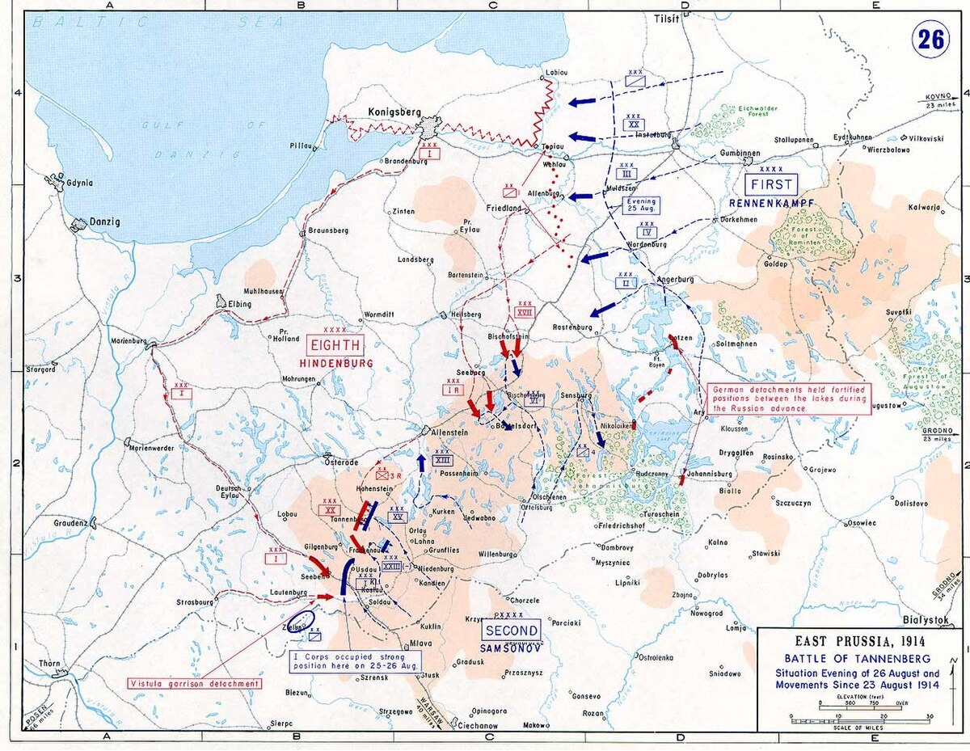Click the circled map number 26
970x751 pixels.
point(930,40)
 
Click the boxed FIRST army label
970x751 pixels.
point(772,184)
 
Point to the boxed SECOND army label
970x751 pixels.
point(512,631)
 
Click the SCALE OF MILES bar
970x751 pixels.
point(862,719)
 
